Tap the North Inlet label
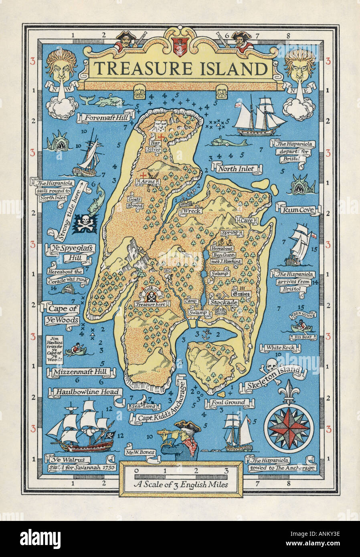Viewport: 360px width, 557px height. [235, 169]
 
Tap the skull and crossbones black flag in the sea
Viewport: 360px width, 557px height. [85, 224]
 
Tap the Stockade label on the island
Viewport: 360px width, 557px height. [224, 302]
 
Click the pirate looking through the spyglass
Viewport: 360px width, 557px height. [182, 441]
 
